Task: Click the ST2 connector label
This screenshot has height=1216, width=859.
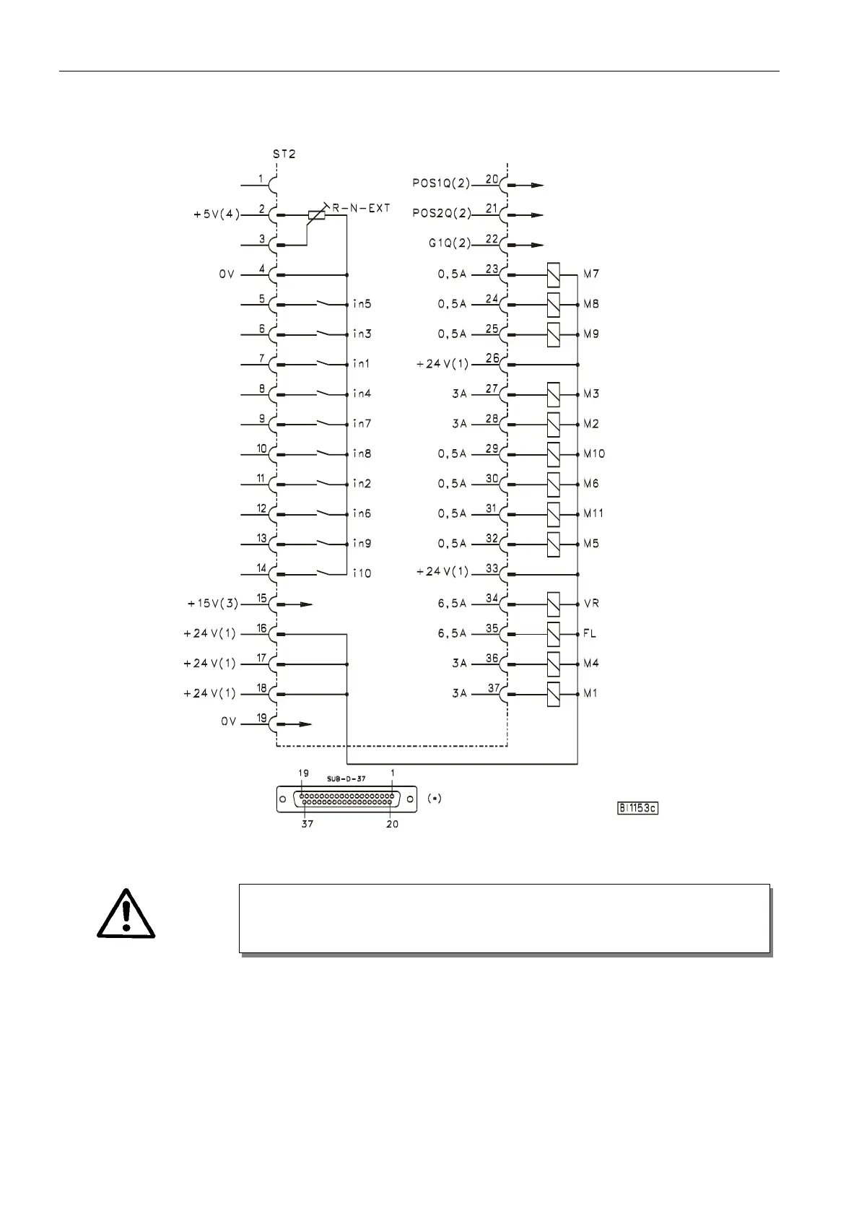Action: pyautogui.click(x=284, y=154)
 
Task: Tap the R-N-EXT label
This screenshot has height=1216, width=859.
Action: pyautogui.click(x=360, y=208)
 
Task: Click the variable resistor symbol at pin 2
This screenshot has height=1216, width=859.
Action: pyautogui.click(x=316, y=214)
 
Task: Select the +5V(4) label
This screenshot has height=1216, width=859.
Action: pyautogui.click(x=217, y=214)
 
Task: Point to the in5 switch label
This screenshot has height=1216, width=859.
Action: pyautogui.click(x=362, y=304)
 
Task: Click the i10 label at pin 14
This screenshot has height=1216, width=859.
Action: pyautogui.click(x=362, y=573)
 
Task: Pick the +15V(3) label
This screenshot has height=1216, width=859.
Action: pyautogui.click(x=212, y=604)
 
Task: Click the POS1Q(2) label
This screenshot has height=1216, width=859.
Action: pyautogui.click(x=441, y=184)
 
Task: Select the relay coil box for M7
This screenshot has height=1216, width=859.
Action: pyautogui.click(x=554, y=274)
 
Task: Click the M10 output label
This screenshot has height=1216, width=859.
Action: pyautogui.click(x=594, y=453)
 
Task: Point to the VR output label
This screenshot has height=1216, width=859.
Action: pyautogui.click(x=591, y=604)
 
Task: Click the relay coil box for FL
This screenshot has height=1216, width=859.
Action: pyautogui.click(x=554, y=633)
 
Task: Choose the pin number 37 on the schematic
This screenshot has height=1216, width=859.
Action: pyautogui.click(x=494, y=687)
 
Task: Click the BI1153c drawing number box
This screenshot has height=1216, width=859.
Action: pyautogui.click(x=637, y=808)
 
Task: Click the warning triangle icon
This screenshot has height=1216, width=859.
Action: pyautogui.click(x=126, y=914)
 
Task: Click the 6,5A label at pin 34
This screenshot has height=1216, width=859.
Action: pyautogui.click(x=452, y=604)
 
